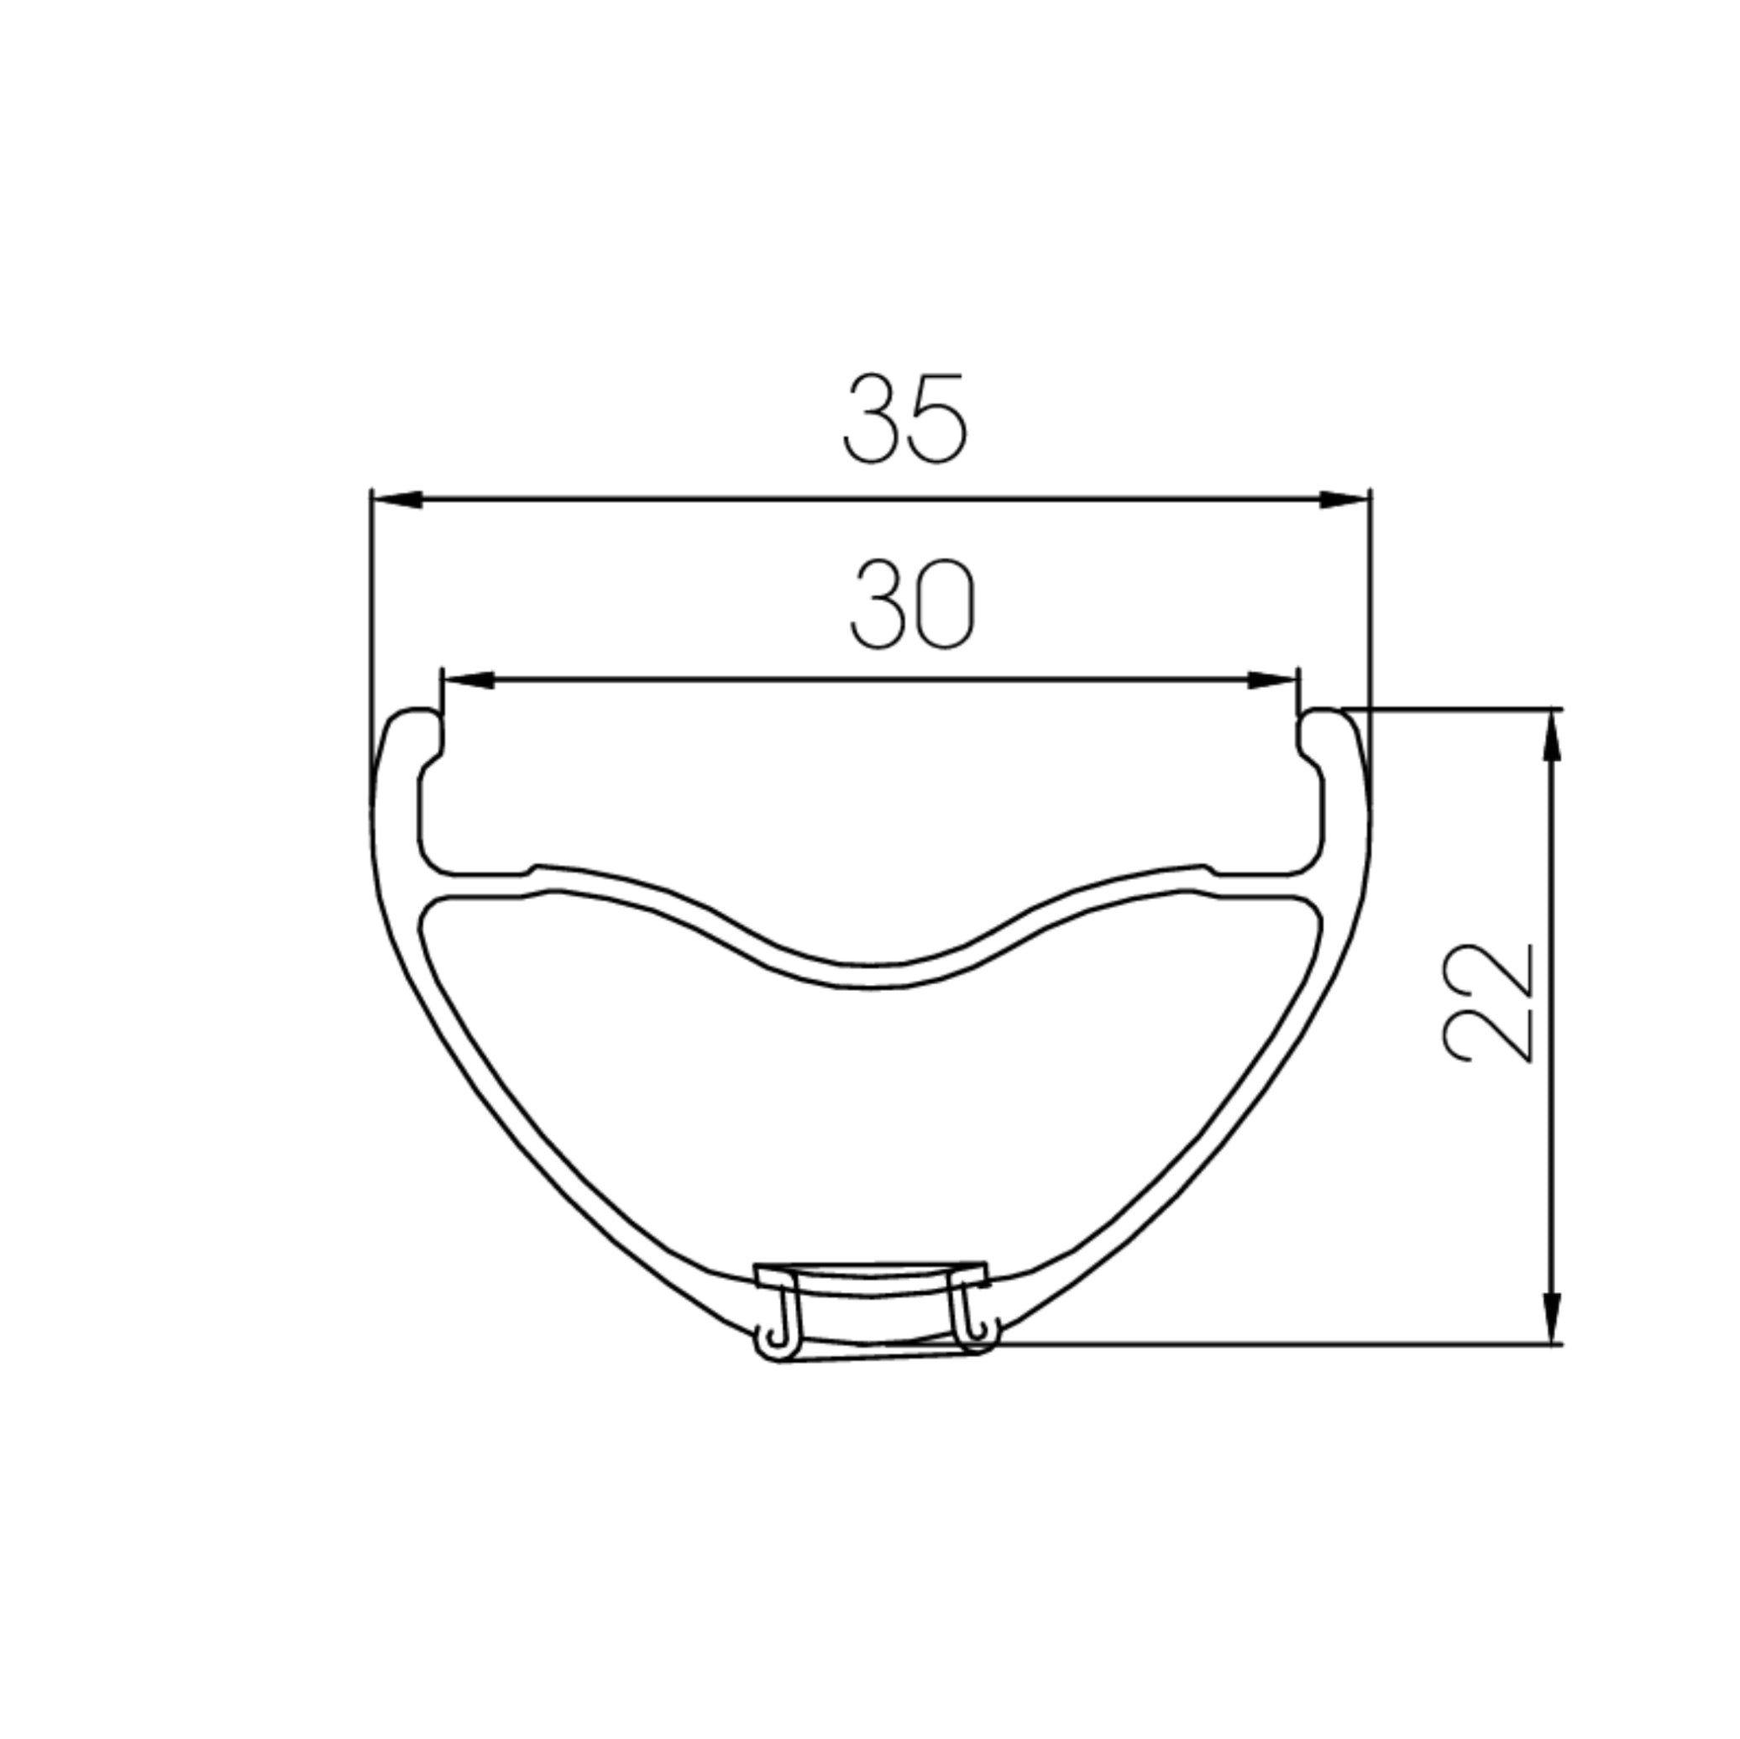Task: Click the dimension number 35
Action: [904, 421]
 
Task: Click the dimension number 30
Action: [911, 605]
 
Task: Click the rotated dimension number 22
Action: [1487, 1003]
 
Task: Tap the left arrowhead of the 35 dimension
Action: [397, 499]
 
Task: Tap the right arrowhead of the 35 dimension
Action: [1343, 499]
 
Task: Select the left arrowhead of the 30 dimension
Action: [469, 680]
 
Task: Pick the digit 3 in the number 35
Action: [873, 421]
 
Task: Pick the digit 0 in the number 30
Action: [945, 605]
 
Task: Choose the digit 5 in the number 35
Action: [937, 421]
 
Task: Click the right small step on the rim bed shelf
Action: [1208, 871]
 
